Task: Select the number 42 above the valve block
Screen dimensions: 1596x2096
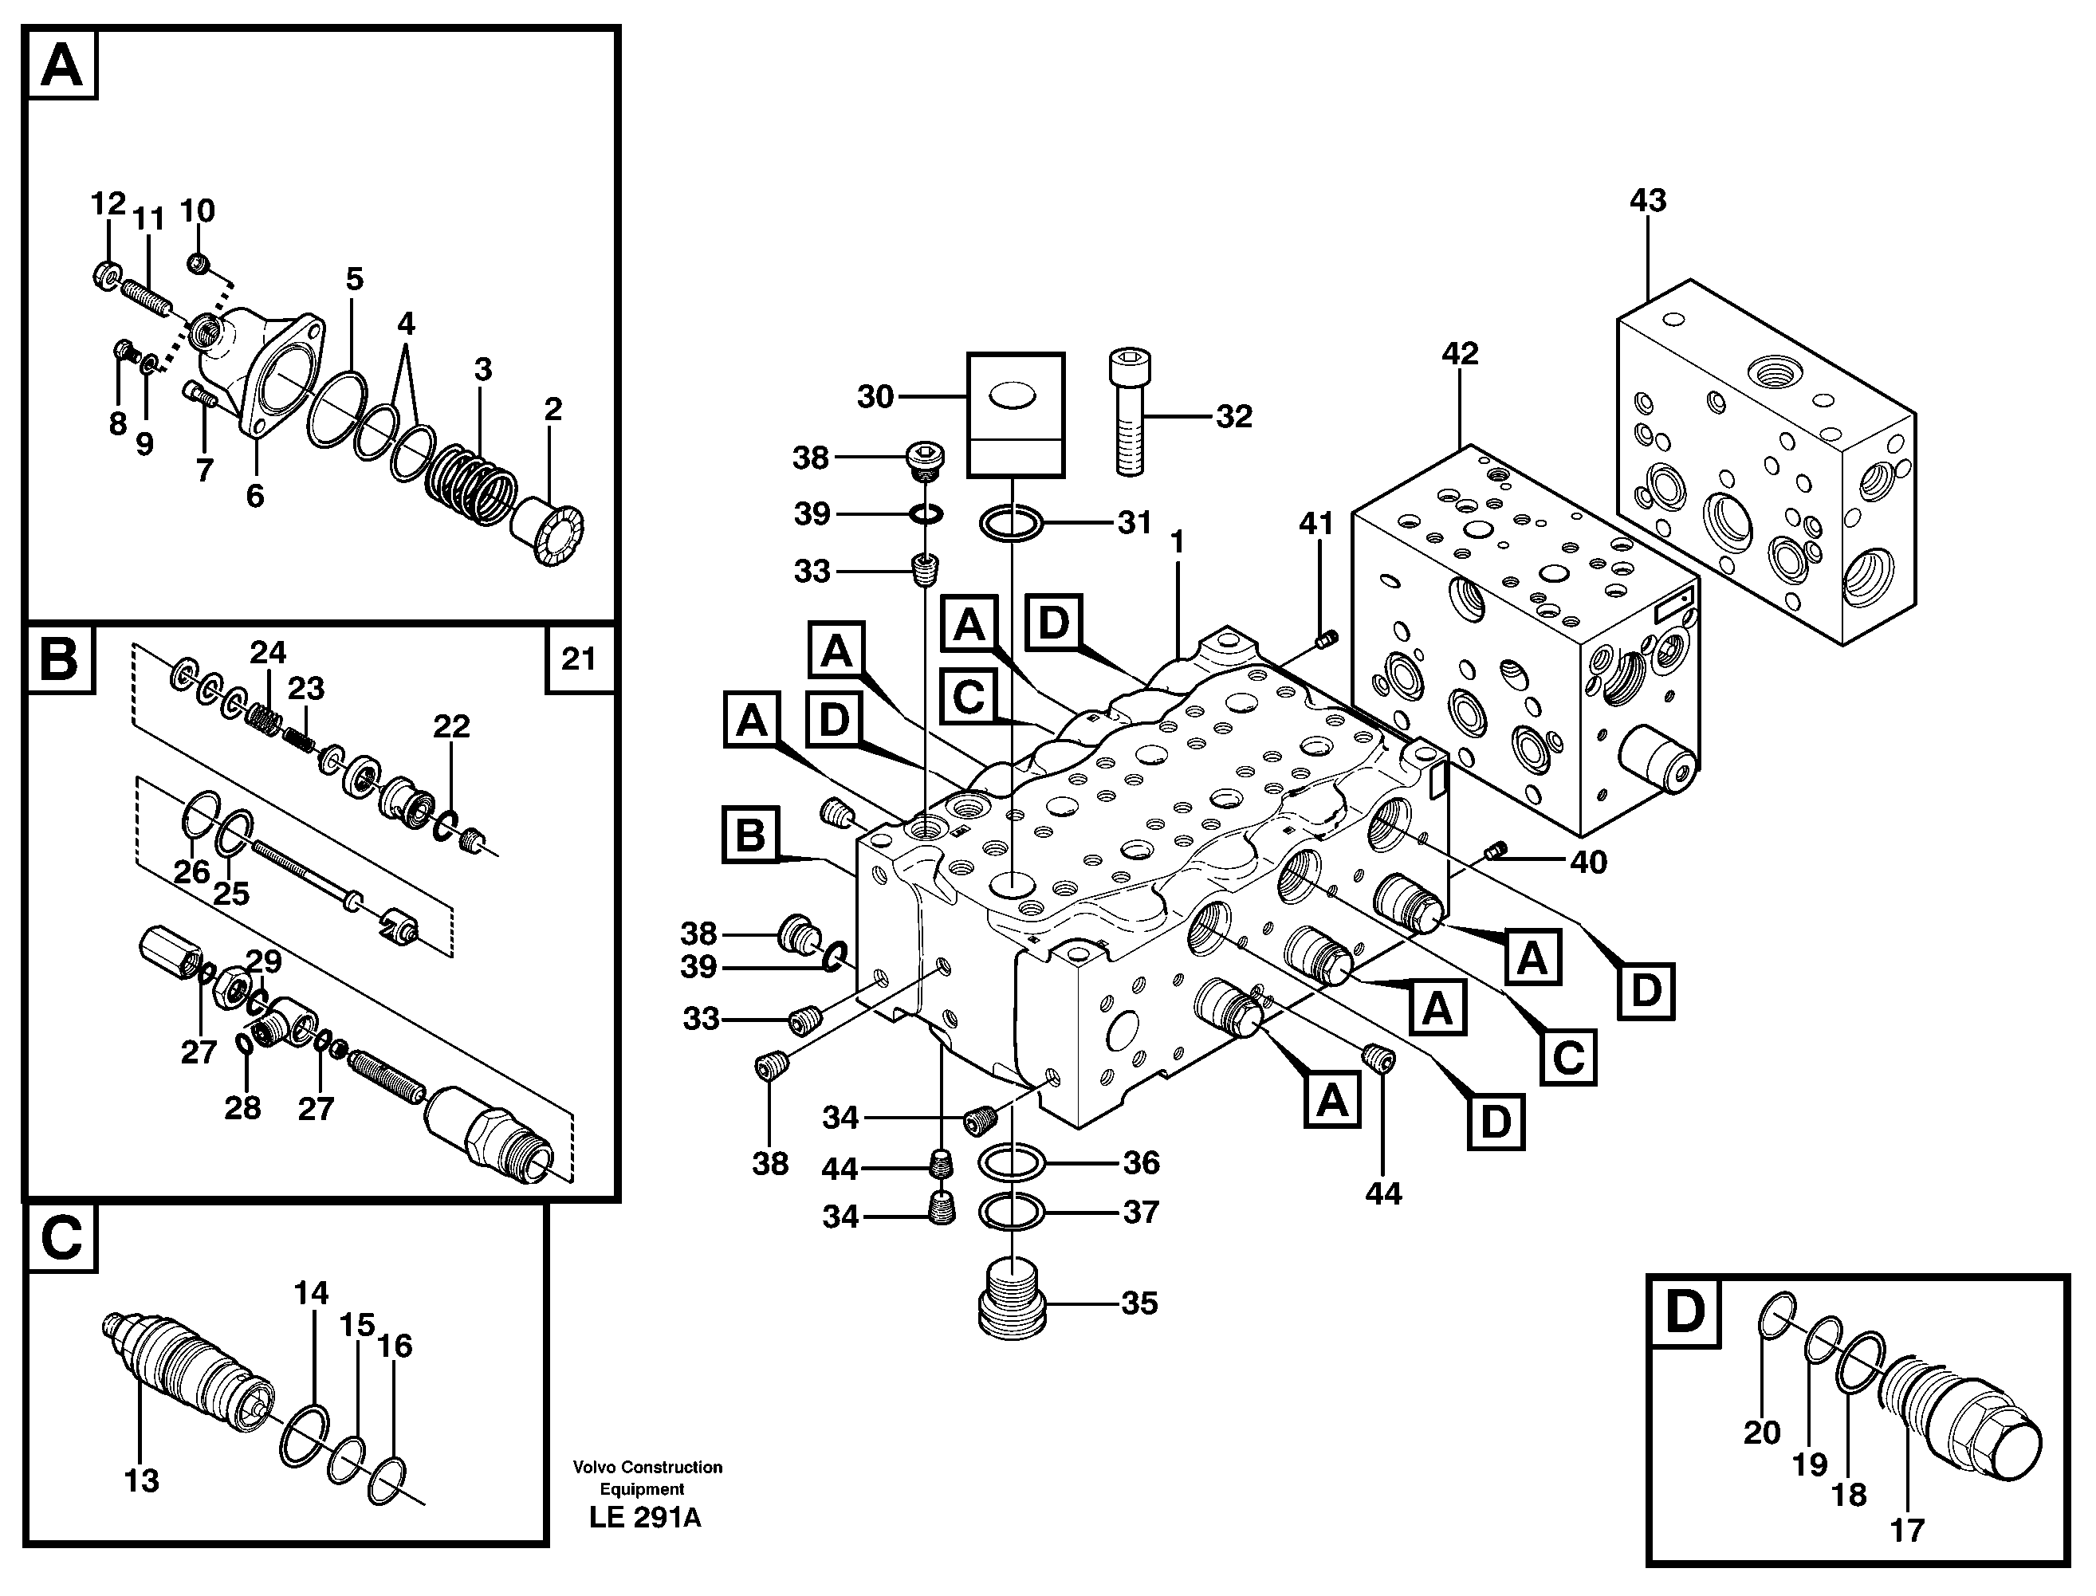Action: pyautogui.click(x=1461, y=353)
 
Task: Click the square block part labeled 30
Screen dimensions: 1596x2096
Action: pyautogui.click(x=1015, y=415)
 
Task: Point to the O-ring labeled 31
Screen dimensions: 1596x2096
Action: pyautogui.click(x=1012, y=522)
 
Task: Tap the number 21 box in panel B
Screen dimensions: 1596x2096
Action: pyautogui.click(x=579, y=658)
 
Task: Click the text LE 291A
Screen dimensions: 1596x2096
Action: pyautogui.click(x=645, y=1518)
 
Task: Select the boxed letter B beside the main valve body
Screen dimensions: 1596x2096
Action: pyautogui.click(x=750, y=835)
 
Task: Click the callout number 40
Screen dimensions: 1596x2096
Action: pyautogui.click(x=1587, y=862)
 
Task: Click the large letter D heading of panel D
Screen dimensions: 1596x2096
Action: pyautogui.click(x=1685, y=1312)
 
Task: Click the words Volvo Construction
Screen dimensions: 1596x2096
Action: pyautogui.click(x=647, y=1467)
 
